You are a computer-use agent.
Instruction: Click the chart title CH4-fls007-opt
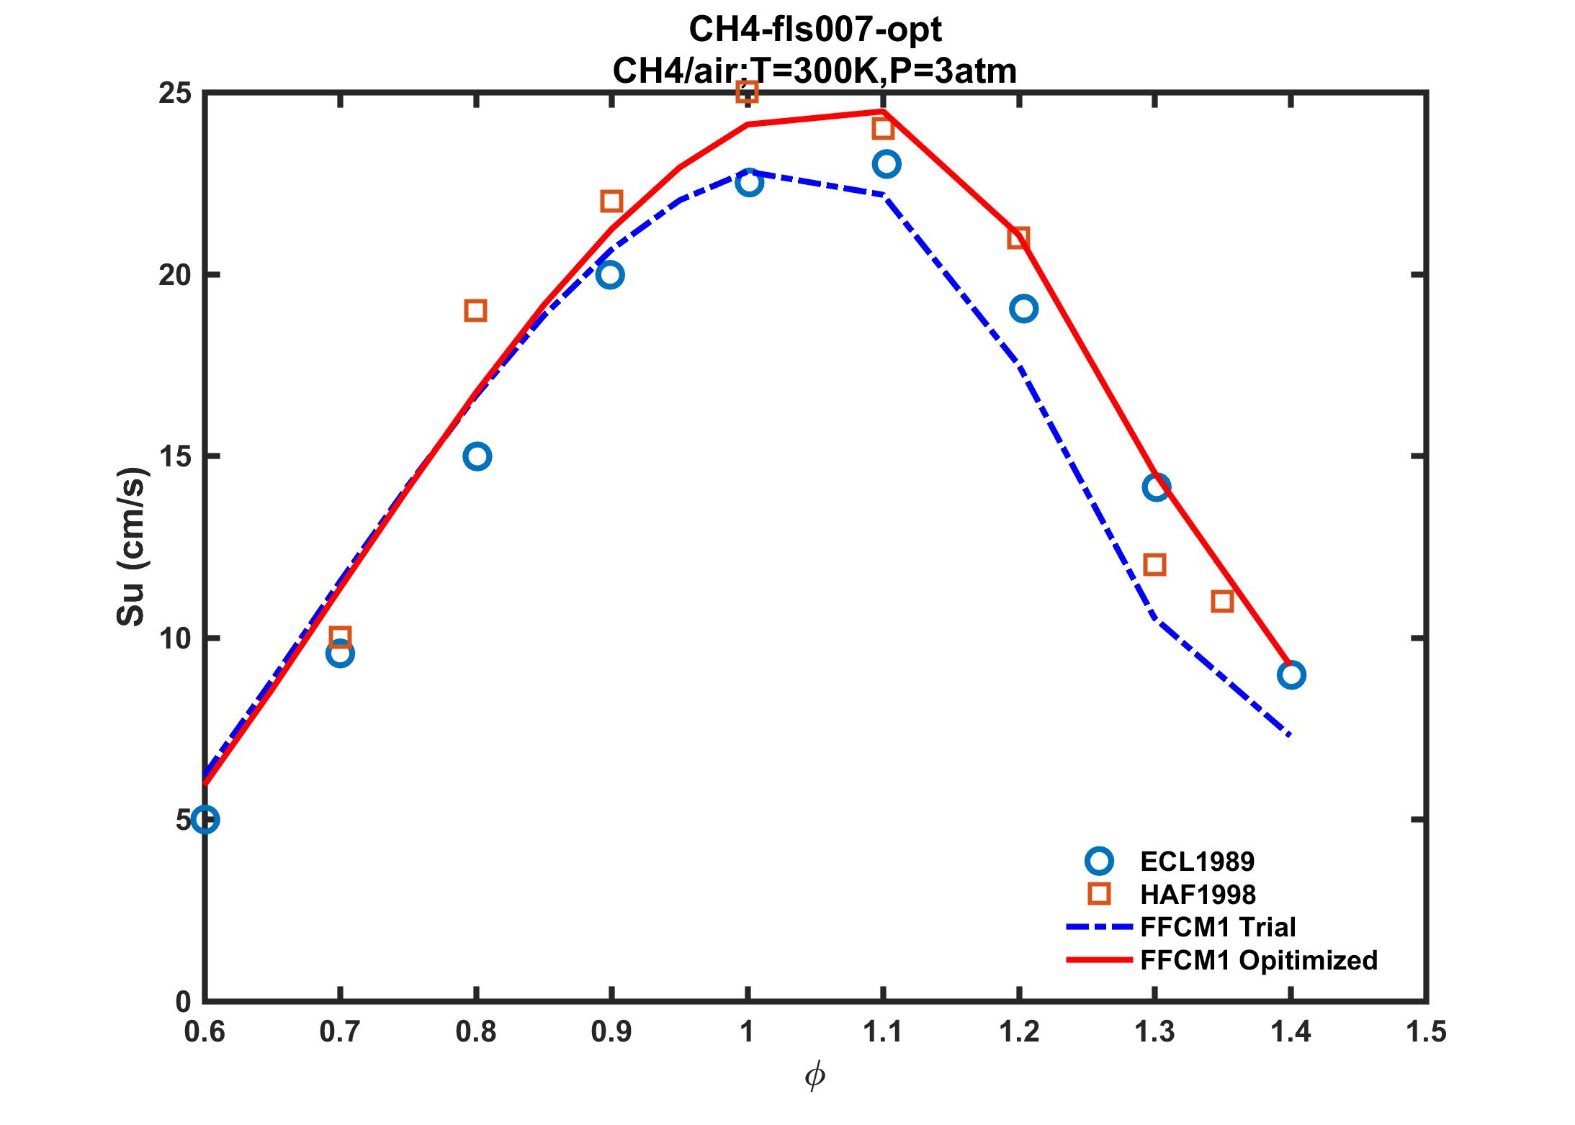click(x=815, y=30)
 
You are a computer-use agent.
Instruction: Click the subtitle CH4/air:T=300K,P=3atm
click(x=815, y=71)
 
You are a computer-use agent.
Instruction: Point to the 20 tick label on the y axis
click(x=175, y=275)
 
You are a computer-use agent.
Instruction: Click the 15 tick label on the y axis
click(x=175, y=456)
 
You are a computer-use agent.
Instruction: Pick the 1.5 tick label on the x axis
click(x=1426, y=1032)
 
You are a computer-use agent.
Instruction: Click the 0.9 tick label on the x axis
click(x=611, y=1032)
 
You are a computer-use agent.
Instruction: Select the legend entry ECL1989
click(x=1197, y=862)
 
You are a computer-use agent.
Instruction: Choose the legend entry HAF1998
click(x=1198, y=895)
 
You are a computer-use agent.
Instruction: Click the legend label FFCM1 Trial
click(x=1218, y=927)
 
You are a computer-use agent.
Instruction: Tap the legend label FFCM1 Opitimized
click(x=1259, y=960)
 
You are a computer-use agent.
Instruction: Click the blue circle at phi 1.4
click(x=1291, y=675)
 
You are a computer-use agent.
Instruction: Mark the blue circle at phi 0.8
click(x=477, y=456)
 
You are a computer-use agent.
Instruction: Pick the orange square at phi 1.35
click(x=1222, y=601)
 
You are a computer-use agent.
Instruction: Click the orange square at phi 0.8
click(x=475, y=311)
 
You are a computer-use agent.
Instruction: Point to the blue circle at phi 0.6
click(x=205, y=820)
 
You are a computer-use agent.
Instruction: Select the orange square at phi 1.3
click(x=1154, y=565)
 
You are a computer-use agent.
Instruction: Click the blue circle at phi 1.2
click(x=1023, y=309)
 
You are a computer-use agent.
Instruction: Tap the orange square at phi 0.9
click(x=611, y=202)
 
